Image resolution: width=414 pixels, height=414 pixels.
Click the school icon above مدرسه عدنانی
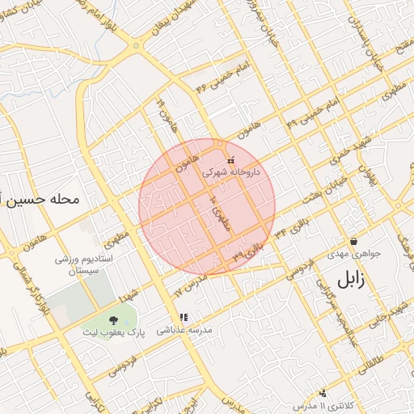184,317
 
